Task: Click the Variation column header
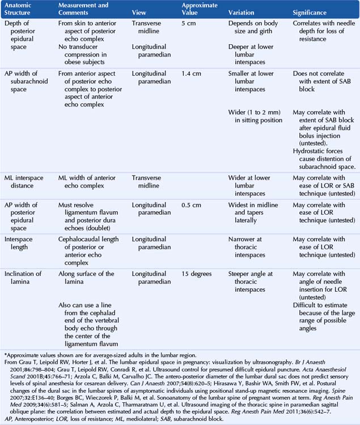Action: coord(245,12)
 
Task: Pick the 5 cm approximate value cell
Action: coord(189,24)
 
